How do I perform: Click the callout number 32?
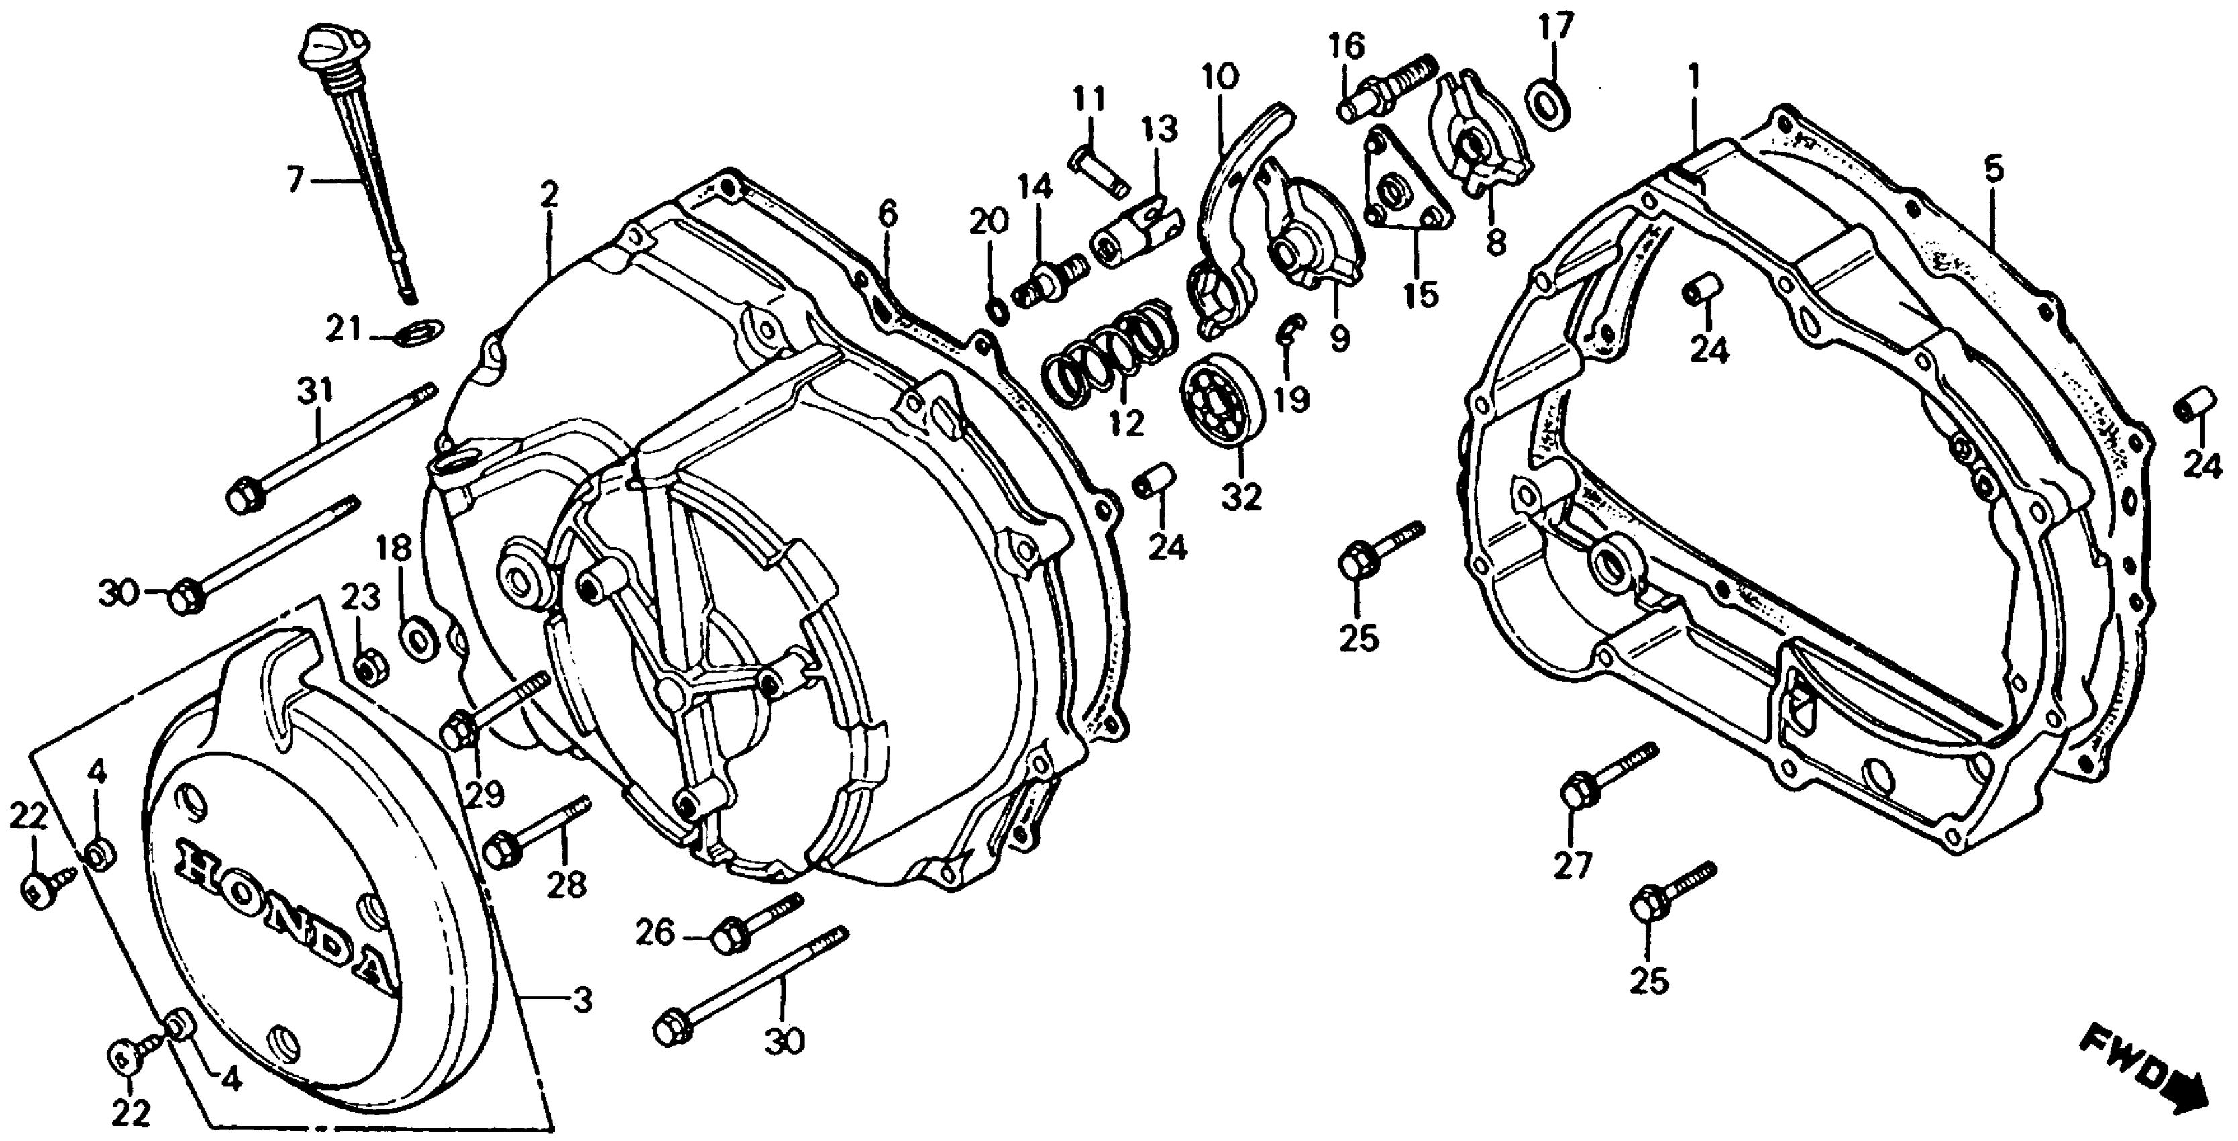point(1242,498)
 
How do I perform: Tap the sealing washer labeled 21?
point(418,331)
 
